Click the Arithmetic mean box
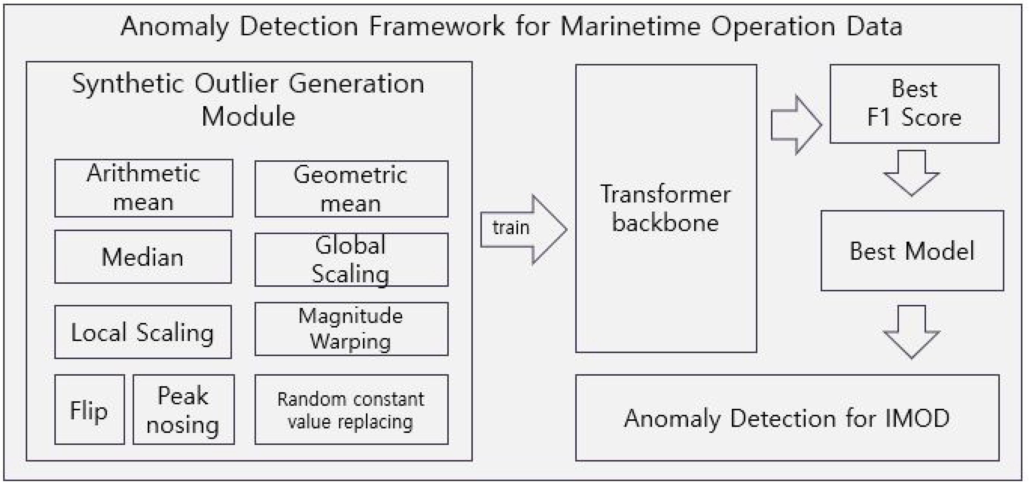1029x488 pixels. pyautogui.click(x=143, y=188)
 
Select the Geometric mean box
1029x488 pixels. pyautogui.click(x=351, y=189)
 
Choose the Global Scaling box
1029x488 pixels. pyautogui.click(x=351, y=260)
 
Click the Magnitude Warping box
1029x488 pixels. pyautogui.click(x=351, y=329)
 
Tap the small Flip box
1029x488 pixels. pyautogui.click(x=89, y=409)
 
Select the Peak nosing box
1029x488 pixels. pyautogui.click(x=183, y=409)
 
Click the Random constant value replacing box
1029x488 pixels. pyautogui.click(x=351, y=409)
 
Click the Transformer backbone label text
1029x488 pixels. pyautogui.click(x=665, y=209)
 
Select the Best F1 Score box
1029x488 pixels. pyautogui.click(x=914, y=103)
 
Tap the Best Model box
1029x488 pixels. pyautogui.click(x=912, y=251)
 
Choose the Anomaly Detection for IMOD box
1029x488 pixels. pyautogui.click(x=787, y=418)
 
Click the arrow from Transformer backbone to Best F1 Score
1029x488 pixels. pyautogui.click(x=795, y=125)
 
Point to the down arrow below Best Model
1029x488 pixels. pyautogui.click(x=911, y=331)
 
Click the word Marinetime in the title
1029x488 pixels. pyautogui.click(x=630, y=26)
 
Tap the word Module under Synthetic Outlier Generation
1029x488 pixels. pyautogui.click(x=248, y=117)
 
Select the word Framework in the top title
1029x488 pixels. pyautogui.click(x=436, y=26)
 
